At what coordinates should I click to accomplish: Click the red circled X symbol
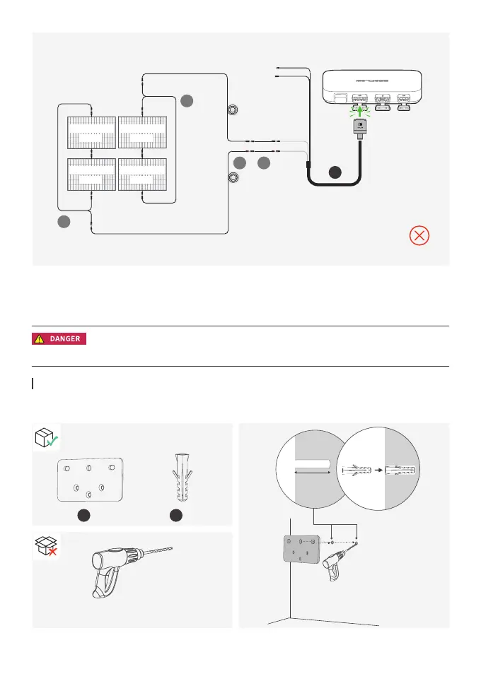tap(419, 236)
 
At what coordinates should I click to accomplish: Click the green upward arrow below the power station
tap(360, 110)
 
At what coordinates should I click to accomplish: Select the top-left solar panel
tap(91, 132)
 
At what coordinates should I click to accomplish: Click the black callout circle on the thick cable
tap(335, 172)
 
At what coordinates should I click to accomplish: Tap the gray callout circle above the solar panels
tap(187, 101)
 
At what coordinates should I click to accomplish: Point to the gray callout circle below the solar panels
tap(64, 223)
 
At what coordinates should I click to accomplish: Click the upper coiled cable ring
tap(232, 111)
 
